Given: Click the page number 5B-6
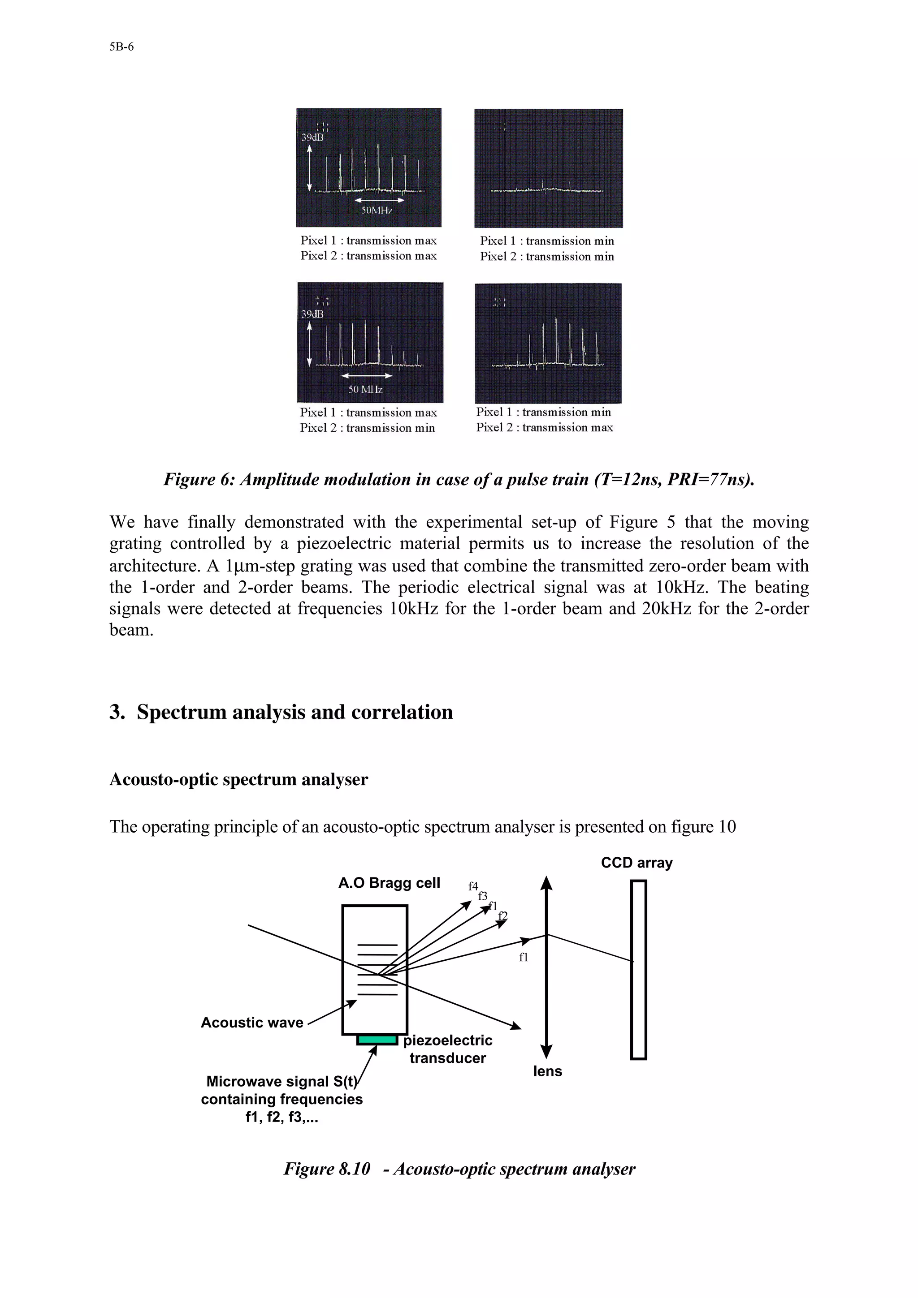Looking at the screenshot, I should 121,47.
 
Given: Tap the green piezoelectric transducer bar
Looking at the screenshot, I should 377,1040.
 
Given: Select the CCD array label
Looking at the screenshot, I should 637,863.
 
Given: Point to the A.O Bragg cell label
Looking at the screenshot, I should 389,883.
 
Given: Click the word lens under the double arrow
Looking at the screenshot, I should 547,1071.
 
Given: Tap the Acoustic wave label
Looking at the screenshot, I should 252,1022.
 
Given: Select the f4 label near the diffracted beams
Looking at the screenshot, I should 473,886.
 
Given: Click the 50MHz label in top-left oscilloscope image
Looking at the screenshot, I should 377,211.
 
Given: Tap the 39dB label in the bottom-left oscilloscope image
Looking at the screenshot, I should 312,314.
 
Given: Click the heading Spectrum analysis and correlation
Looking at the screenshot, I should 294,712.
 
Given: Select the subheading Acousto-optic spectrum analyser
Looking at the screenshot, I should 239,780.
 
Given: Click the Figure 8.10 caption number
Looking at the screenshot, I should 327,1169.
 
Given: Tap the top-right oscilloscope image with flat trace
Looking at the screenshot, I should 548,168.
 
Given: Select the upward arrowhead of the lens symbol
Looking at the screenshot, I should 546,883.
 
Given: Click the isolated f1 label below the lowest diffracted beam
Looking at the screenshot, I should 523,957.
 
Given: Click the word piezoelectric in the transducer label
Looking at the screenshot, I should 447,1040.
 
